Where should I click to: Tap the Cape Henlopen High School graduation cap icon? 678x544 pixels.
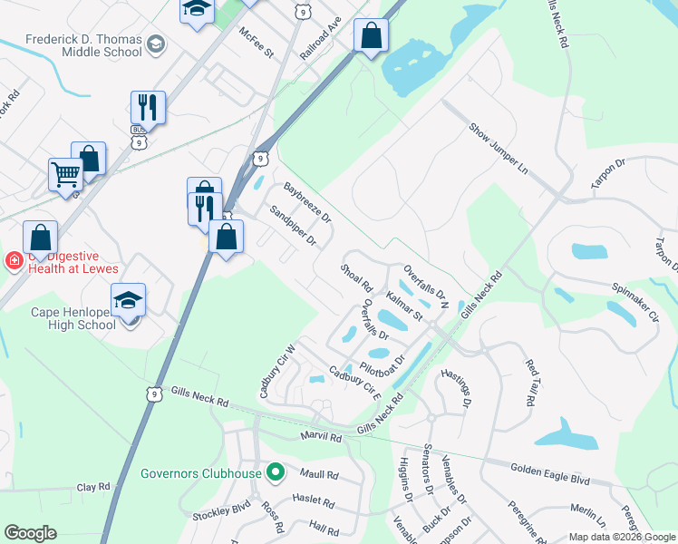pos(128,300)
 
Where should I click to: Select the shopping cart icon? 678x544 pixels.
pos(65,174)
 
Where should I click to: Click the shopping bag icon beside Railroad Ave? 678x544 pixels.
pos(370,36)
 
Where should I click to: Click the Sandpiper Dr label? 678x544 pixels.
pos(293,226)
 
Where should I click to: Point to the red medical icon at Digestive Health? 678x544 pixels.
pos(14,262)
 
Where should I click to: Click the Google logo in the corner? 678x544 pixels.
pos(31,533)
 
